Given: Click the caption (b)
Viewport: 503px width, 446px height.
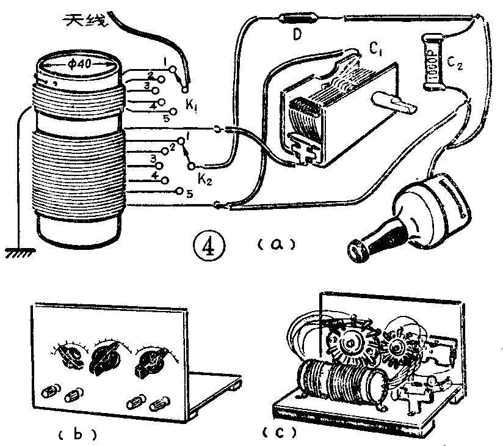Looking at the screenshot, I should (x=77, y=434).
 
